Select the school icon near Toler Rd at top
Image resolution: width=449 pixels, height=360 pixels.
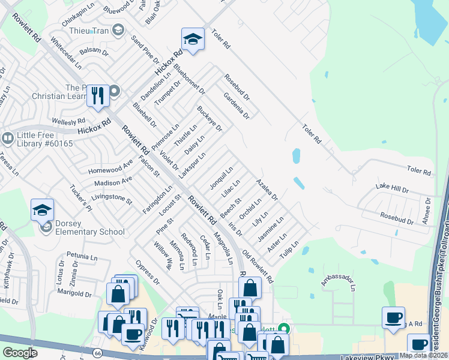click(x=192, y=40)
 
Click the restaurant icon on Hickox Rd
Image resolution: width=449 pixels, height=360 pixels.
click(x=98, y=96)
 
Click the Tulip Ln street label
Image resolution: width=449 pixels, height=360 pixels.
click(x=291, y=248)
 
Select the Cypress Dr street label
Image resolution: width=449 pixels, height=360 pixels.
click(x=148, y=272)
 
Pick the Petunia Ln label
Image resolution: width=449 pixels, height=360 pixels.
click(x=82, y=256)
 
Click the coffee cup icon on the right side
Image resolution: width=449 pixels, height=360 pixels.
click(x=394, y=317)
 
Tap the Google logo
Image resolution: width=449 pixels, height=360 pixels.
click(x=20, y=353)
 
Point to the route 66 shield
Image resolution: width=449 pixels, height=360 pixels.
click(x=97, y=353)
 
